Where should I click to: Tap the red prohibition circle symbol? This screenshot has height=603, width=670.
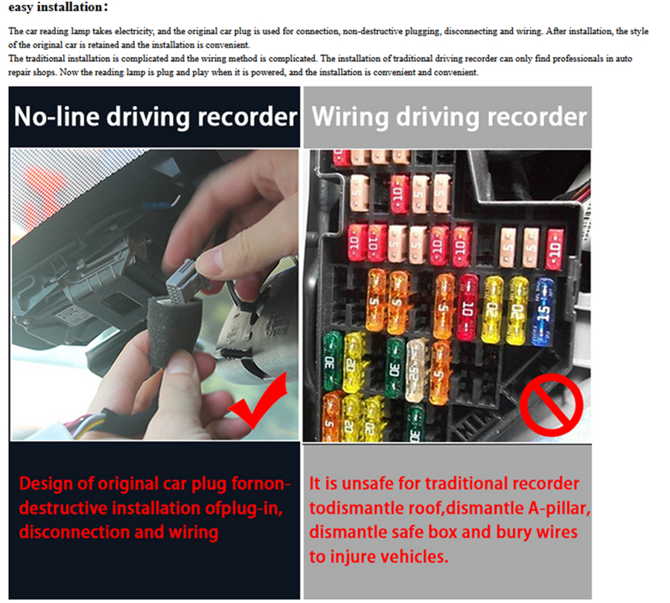551,404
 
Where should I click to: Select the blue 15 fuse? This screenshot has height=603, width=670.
543,312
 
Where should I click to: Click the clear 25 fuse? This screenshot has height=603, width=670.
415,370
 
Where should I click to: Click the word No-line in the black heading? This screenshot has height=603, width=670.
57,117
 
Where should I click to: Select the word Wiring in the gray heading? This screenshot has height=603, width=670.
351,117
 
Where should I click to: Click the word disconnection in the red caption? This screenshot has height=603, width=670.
74,532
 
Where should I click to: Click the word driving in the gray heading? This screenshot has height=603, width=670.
438,117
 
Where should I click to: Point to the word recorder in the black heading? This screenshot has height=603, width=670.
247,117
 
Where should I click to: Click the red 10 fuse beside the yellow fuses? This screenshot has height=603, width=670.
468,308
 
